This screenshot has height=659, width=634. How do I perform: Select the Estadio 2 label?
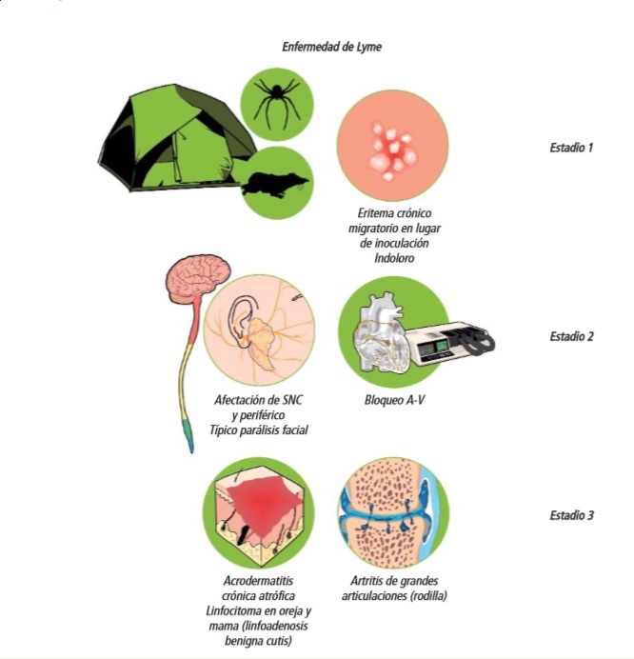point(571,336)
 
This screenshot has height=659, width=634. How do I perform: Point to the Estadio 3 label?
point(571,515)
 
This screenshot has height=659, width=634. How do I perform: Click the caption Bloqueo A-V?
point(394,400)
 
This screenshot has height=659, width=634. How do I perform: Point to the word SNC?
point(285,400)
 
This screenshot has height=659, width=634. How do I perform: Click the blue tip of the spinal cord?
point(185,442)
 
